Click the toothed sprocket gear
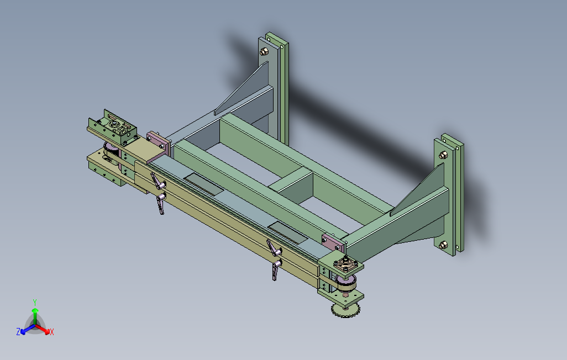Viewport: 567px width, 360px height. click(x=346, y=310)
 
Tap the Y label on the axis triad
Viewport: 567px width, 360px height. click(x=35, y=302)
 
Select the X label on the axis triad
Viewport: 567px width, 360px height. click(x=52, y=332)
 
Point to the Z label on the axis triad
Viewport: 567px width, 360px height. click(x=18, y=331)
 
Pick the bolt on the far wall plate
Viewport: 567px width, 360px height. click(x=264, y=52)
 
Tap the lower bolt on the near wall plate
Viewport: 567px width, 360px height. click(x=443, y=245)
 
